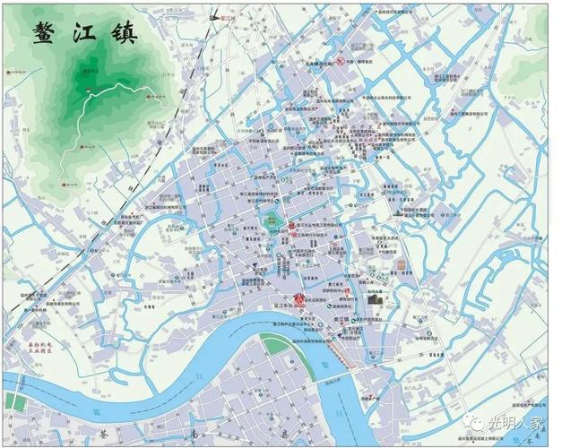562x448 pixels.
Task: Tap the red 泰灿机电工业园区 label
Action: (39, 347)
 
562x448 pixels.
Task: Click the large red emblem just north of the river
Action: (299, 298)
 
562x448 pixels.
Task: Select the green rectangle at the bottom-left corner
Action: (13, 401)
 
